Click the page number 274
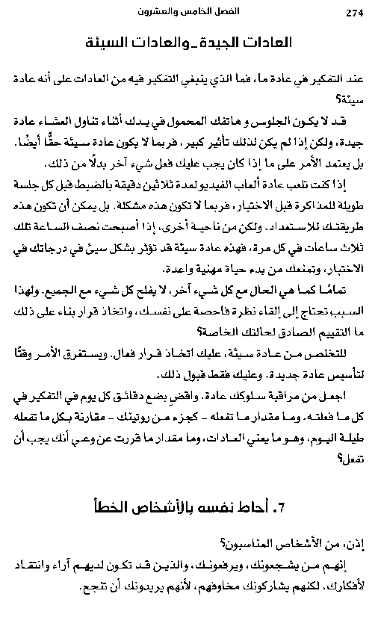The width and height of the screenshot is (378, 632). [x=353, y=12]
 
